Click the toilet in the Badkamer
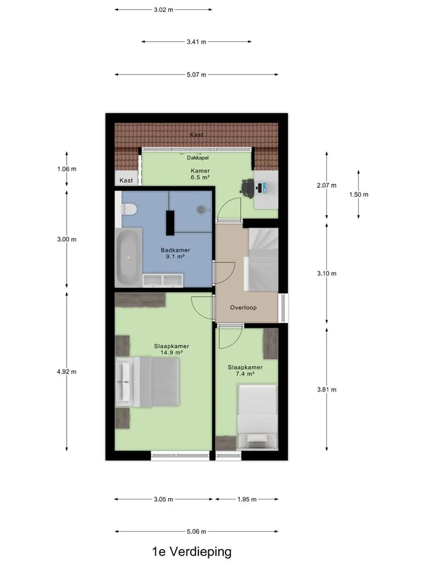[x=129, y=209]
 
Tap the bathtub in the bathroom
[x=128, y=257]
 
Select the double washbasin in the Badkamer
[x=163, y=280]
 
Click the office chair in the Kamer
[x=247, y=189]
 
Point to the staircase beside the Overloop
[x=263, y=259]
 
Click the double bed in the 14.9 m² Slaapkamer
[x=148, y=382]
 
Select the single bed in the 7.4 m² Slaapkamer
[x=257, y=417]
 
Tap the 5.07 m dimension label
[x=196, y=75]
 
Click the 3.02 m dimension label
[x=164, y=10]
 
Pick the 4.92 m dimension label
[x=67, y=371]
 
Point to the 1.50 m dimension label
[x=358, y=195]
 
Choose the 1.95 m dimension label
[x=247, y=499]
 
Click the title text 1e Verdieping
[x=191, y=552]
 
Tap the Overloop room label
[x=243, y=308]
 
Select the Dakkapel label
[x=198, y=158]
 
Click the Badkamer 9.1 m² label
[x=175, y=253]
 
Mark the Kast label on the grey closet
[x=126, y=180]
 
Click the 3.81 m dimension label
[x=326, y=390]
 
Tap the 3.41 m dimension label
[x=196, y=42]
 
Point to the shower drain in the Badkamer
[x=201, y=209]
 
